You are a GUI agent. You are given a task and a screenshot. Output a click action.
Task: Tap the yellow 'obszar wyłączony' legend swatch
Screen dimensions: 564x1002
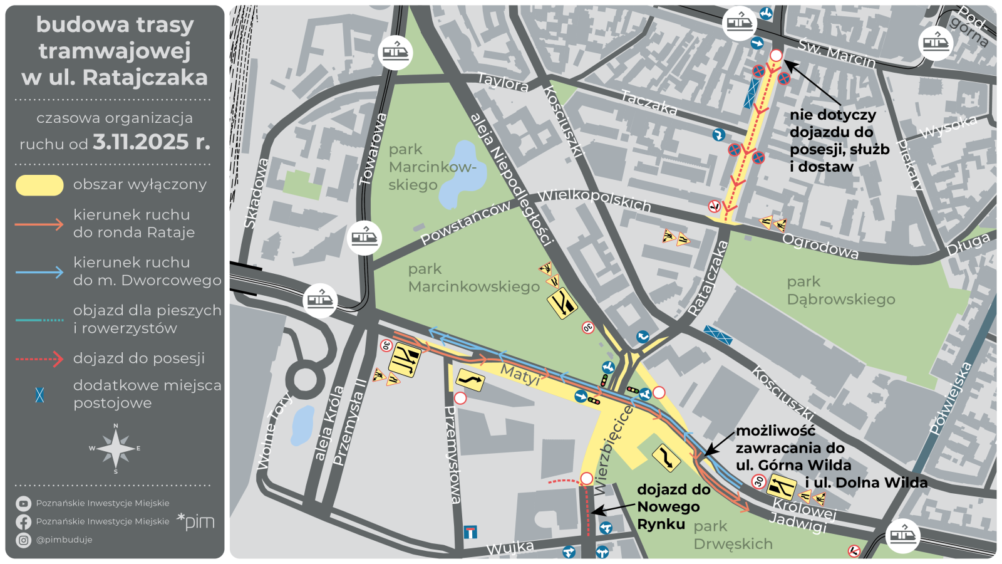(39, 185)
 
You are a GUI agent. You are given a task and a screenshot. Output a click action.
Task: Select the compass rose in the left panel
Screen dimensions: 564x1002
(116, 448)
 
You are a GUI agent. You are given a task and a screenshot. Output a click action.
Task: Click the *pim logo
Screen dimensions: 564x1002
(195, 521)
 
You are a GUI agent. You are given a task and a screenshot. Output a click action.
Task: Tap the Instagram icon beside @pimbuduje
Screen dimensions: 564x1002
(23, 540)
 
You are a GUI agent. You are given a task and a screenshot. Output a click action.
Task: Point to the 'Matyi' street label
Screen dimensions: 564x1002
(520, 375)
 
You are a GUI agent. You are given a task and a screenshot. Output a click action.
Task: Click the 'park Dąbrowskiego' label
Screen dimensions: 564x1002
(840, 291)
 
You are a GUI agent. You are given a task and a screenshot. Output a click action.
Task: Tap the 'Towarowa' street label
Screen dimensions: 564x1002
(373, 149)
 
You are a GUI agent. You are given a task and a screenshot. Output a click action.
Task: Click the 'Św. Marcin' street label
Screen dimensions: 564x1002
(836, 53)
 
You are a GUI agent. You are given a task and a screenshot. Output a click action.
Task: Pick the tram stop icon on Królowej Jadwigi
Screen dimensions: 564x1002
(902, 536)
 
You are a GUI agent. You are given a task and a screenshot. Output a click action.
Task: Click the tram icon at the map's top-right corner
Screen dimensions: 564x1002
(936, 43)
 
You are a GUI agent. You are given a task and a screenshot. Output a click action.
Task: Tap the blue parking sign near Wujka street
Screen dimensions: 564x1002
(470, 532)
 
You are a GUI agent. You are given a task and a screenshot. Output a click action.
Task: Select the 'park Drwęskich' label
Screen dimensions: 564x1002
(733, 535)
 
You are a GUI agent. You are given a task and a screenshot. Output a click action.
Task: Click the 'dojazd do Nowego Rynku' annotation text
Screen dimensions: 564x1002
(673, 506)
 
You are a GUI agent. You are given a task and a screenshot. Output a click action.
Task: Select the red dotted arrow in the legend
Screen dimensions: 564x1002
(39, 359)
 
